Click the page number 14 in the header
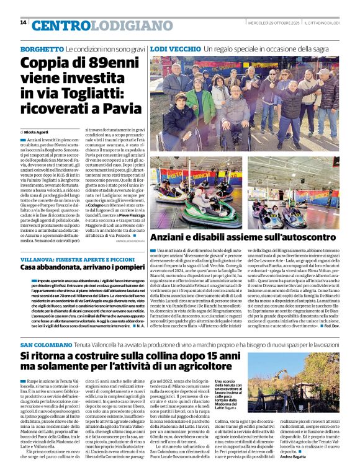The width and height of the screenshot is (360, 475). click(x=23, y=22)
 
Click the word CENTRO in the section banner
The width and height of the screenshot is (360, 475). click(x=61, y=25)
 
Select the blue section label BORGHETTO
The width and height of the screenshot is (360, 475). click(x=42, y=48)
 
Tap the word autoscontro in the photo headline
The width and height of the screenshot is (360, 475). click(x=295, y=236)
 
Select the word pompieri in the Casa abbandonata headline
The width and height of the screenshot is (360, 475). click(x=124, y=267)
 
